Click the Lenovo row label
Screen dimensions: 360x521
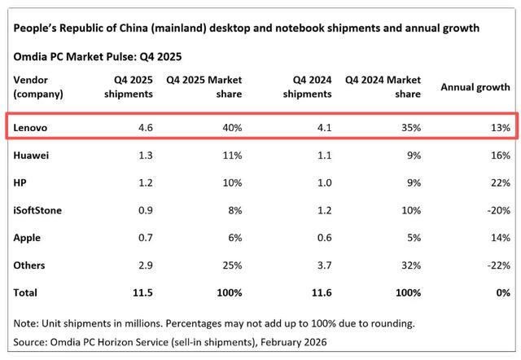click(x=31, y=127)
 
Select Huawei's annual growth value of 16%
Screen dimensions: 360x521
click(x=498, y=156)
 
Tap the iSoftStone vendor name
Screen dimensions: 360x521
click(x=38, y=210)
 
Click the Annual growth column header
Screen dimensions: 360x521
click(x=475, y=87)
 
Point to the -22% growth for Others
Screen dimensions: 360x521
click(x=497, y=266)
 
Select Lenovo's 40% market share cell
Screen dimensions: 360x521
click(x=230, y=127)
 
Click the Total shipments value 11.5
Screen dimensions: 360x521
click(x=142, y=292)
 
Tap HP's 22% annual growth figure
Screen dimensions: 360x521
click(x=498, y=182)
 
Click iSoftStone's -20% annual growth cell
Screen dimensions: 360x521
click(x=497, y=210)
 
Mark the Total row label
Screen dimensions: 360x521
click(x=26, y=292)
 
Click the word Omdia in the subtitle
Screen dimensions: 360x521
click(x=30, y=57)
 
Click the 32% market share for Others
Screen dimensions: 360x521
click(x=409, y=266)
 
